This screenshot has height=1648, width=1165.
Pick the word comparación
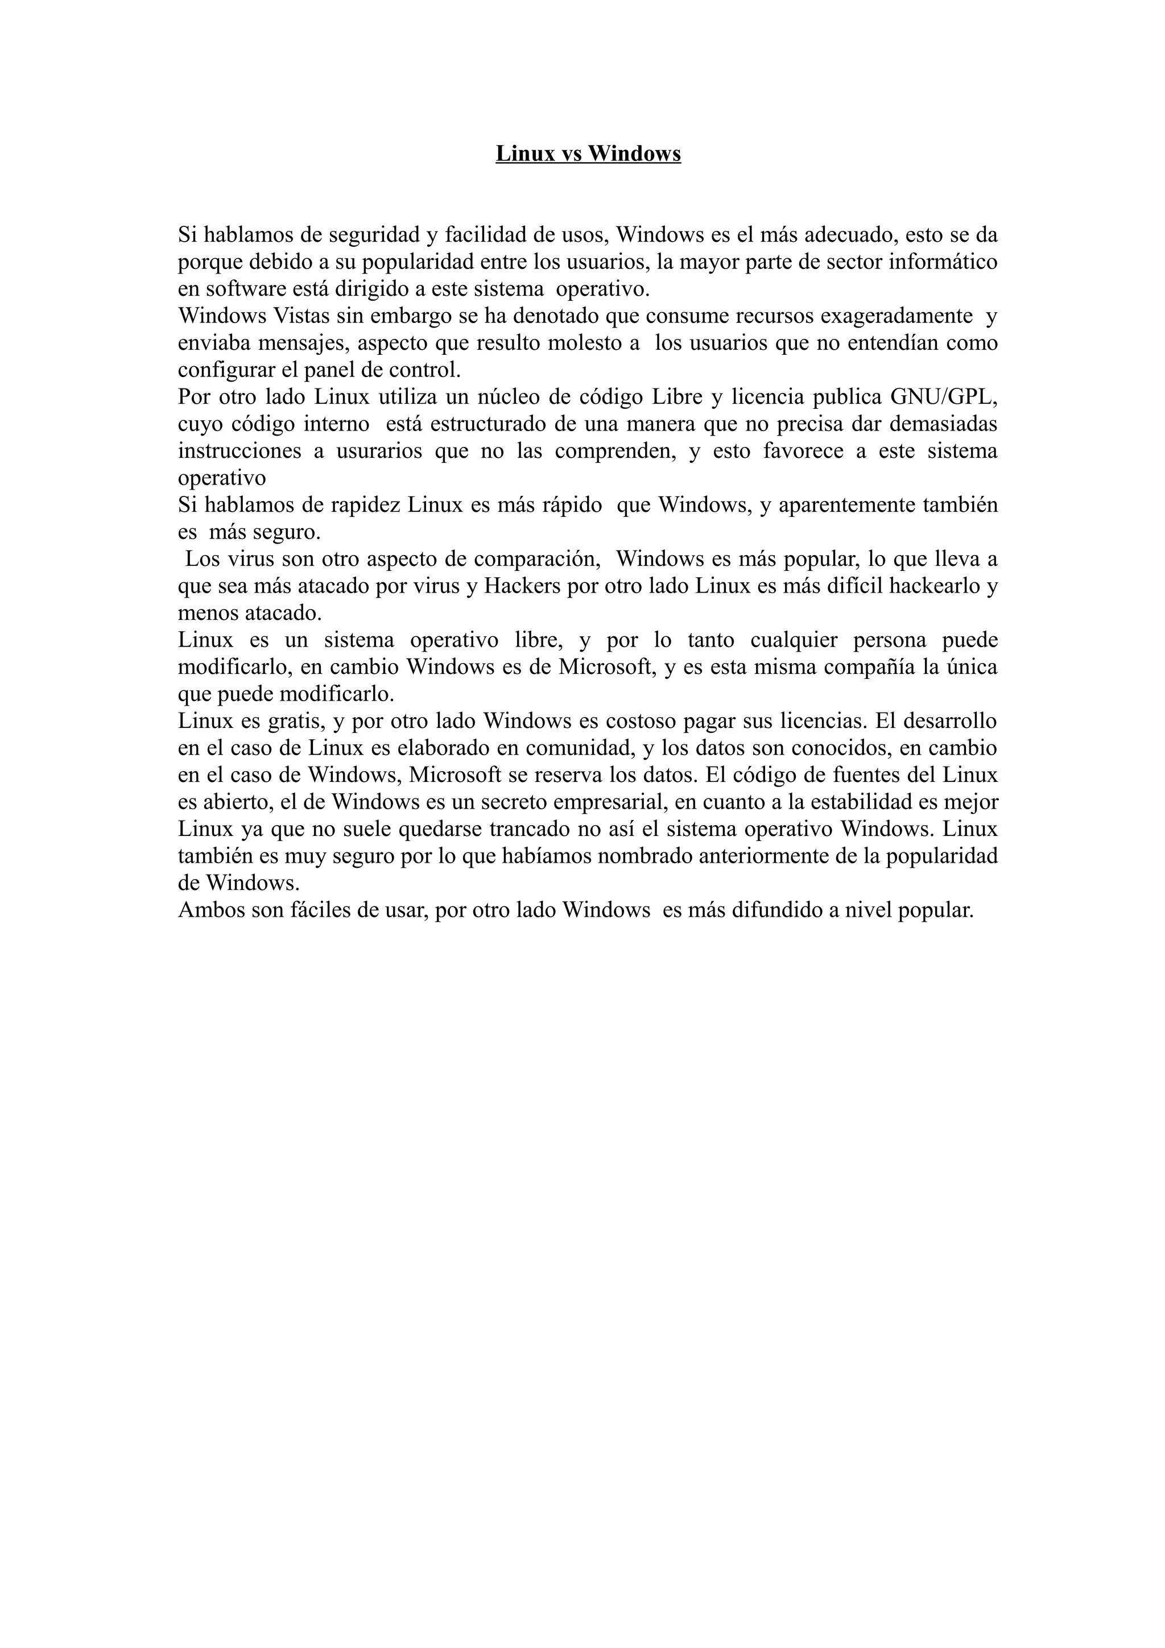(537, 559)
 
